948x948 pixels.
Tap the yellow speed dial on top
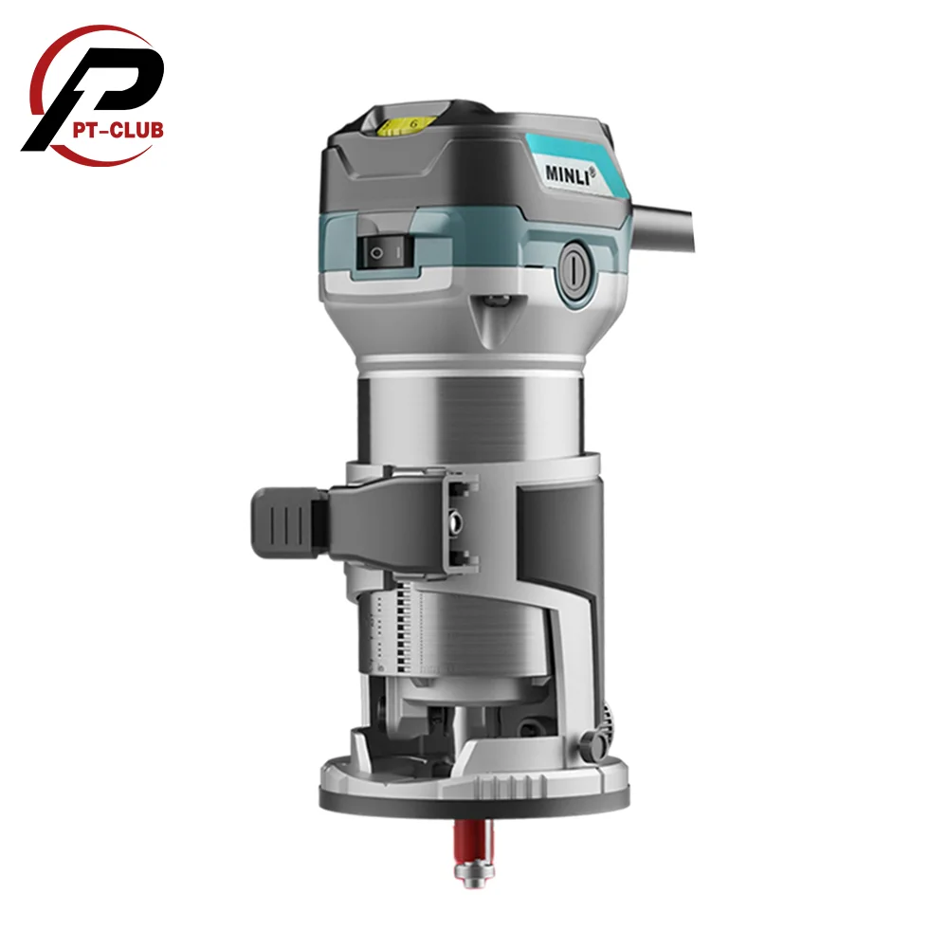(403, 122)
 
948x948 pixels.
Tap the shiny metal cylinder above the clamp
(474, 412)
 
